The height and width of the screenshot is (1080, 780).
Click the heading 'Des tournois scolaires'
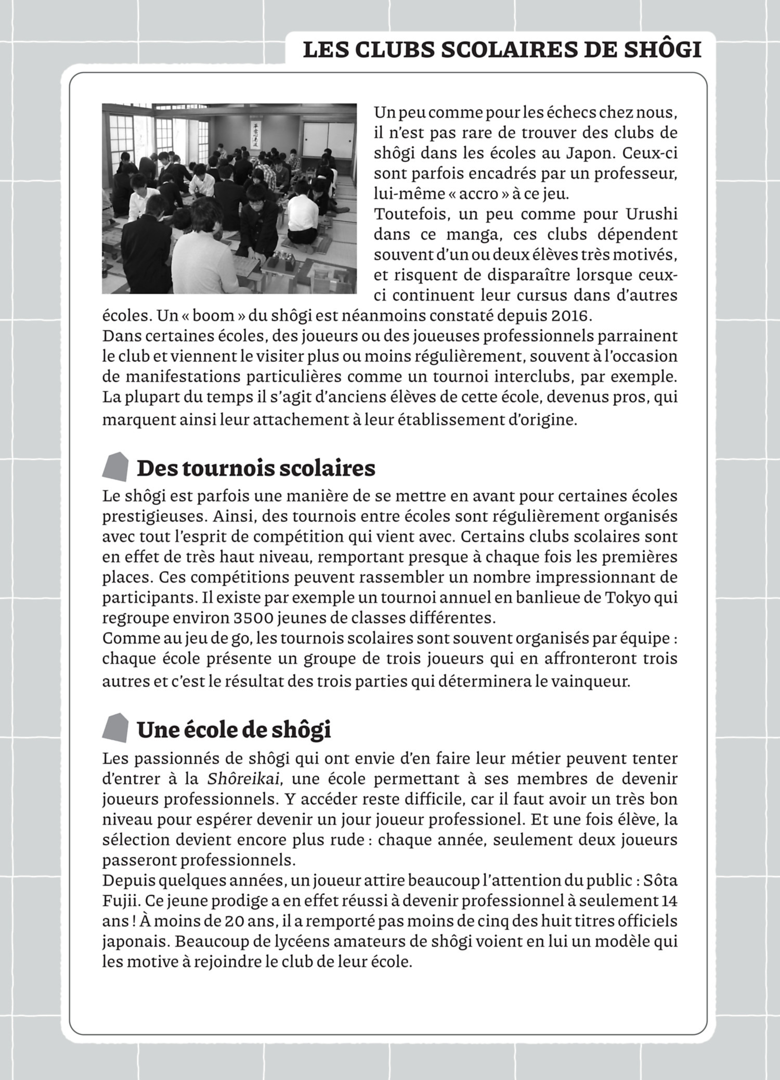(255, 468)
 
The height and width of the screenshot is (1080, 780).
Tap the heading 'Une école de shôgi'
(233, 730)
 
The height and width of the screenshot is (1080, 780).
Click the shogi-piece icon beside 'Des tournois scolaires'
(115, 466)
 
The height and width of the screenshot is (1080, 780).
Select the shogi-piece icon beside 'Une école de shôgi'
(115, 727)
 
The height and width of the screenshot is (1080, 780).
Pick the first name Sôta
(660, 881)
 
